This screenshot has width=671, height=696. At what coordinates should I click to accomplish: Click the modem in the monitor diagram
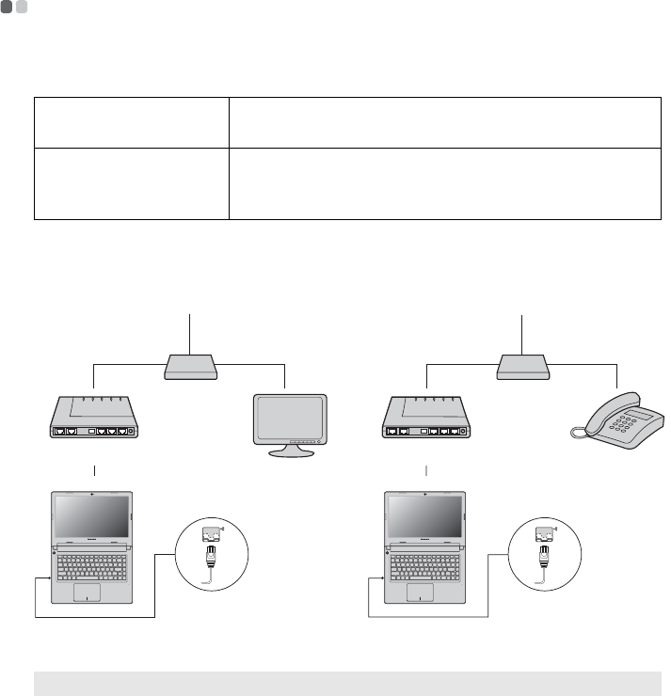[x=94, y=419]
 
